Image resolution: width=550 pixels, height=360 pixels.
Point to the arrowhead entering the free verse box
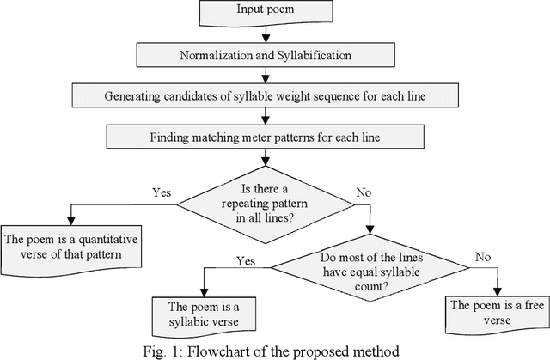[x=497, y=290]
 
